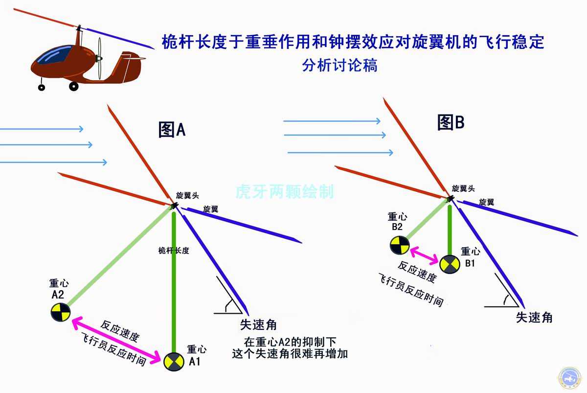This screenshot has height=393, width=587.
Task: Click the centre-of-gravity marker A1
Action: pos(174,362)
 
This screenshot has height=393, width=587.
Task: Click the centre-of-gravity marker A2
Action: pos(61,312)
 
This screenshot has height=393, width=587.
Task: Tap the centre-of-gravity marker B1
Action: pos(450,264)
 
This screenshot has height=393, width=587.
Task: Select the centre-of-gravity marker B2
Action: pos(400,245)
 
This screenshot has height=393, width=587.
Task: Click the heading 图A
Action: pos(172,130)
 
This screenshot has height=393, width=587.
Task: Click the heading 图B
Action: pos(451,122)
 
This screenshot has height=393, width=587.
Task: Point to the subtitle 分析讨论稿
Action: pos(339,65)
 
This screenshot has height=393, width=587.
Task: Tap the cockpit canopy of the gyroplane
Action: pos(54,55)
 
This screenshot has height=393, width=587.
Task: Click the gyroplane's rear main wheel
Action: pos(74,86)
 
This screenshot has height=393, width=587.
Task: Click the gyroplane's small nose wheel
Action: pos(42,87)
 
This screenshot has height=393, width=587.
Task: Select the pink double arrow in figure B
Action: pos(424,255)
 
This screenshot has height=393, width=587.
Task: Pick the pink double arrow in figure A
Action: pos(116,340)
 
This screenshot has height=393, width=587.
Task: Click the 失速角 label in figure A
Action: pos(258,324)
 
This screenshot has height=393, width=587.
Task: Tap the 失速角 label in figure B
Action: pos(534,317)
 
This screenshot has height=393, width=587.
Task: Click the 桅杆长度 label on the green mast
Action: pos(174,251)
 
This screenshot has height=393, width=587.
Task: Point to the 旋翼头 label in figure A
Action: pos(187,195)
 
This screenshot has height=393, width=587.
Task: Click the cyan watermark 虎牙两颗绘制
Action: pos(285,191)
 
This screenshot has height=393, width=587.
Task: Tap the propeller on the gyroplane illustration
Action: pos(99,58)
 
